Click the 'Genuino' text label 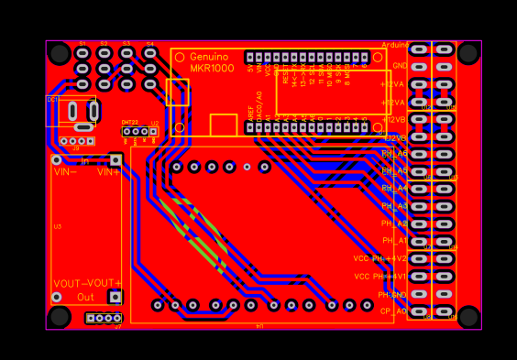tap(209, 57)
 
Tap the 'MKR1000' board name tap(212, 69)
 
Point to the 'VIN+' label tap(109, 171)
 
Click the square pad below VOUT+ tap(115, 297)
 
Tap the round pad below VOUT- tap(57, 297)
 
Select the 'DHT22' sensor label tap(130, 122)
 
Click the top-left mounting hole tap(60, 53)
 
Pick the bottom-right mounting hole tap(468, 317)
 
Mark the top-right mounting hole tap(468, 53)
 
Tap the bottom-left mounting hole tap(60, 317)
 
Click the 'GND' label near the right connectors tap(400, 66)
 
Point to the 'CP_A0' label tap(394, 311)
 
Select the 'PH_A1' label tap(395, 240)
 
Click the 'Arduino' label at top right tap(395, 45)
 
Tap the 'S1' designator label tap(82, 44)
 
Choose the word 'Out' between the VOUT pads tap(85, 297)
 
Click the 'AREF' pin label tap(251, 114)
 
